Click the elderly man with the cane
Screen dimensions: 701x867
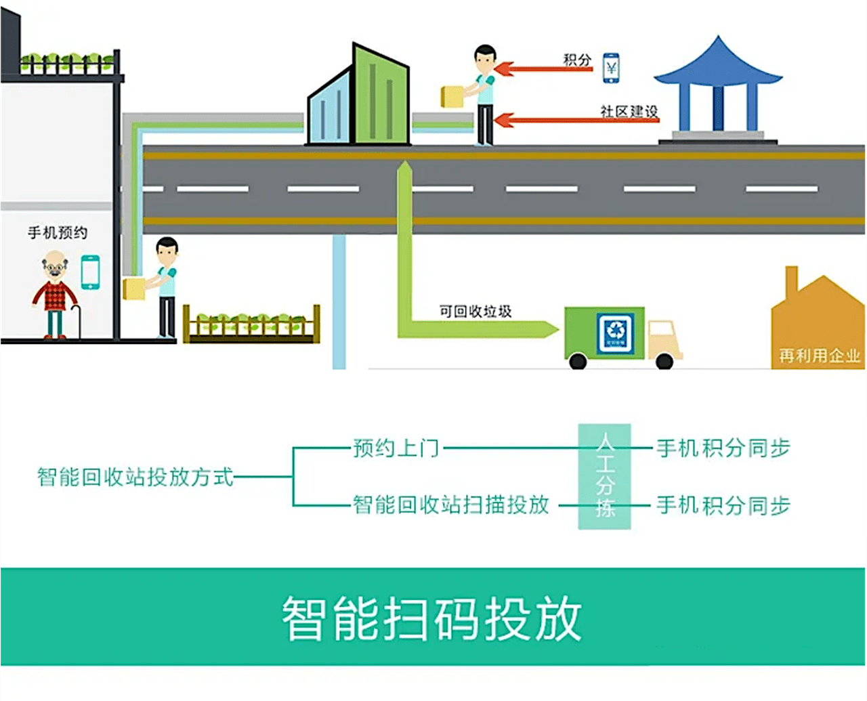coord(55,295)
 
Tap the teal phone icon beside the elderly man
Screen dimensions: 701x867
coord(90,272)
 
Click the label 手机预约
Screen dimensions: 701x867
coord(58,233)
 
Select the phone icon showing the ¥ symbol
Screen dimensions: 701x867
coord(611,68)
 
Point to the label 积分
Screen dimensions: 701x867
coord(577,60)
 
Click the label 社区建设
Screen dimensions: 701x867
coord(629,112)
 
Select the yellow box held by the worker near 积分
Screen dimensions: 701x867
coord(452,97)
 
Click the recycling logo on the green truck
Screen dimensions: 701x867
coord(615,332)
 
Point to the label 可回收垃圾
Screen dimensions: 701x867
coord(475,312)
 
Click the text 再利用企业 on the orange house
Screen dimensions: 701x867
coord(819,356)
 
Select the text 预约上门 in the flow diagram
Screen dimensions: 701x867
coord(396,448)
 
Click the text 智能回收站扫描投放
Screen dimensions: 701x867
coord(451,505)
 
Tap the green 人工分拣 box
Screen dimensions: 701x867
coord(604,476)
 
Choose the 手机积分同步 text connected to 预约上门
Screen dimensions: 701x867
coord(723,448)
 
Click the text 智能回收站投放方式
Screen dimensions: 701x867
coord(135,477)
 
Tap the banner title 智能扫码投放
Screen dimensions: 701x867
coord(432,618)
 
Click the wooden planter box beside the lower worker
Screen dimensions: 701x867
coord(251,326)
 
